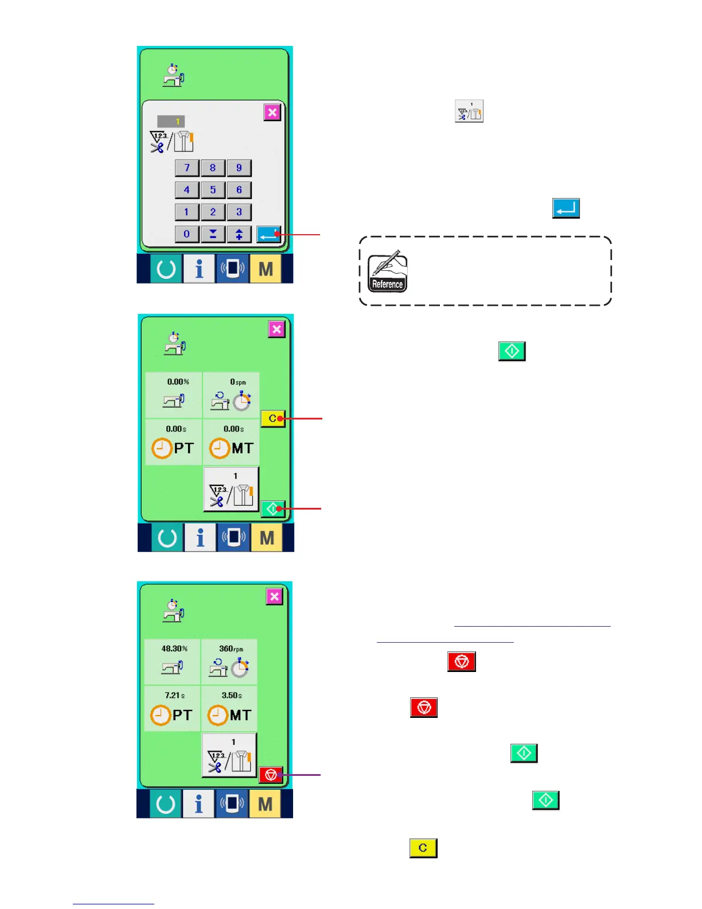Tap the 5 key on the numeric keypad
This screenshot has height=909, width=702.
[x=213, y=190]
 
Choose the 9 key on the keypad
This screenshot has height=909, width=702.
[x=239, y=168]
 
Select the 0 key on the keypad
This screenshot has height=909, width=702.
[x=186, y=234]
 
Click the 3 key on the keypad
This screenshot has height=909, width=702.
[x=239, y=212]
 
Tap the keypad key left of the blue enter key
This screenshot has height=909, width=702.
[x=239, y=234]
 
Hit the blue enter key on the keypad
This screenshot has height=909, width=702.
[x=268, y=234]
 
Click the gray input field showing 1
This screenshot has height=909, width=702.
[x=171, y=121]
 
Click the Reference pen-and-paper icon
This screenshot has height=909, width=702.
[x=387, y=271]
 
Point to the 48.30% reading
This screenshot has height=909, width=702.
[x=174, y=648]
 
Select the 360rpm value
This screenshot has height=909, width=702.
[x=231, y=648]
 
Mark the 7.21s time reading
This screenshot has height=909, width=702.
[x=174, y=696]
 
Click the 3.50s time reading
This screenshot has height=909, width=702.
[x=232, y=696]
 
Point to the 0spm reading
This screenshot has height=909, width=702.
[x=237, y=382]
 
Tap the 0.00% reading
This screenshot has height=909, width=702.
[x=178, y=382]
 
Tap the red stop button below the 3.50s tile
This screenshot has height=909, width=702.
[x=271, y=775]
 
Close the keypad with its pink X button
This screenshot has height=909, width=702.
[x=272, y=112]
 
